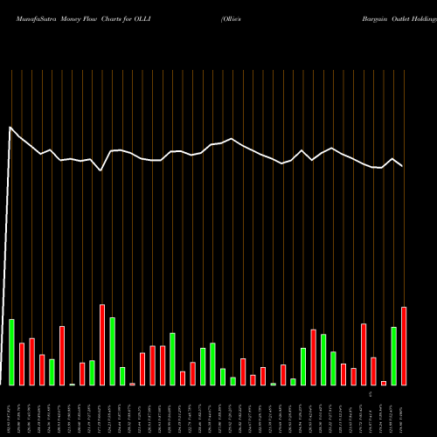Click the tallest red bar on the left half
(x=102, y=344)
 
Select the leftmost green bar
(x=12, y=352)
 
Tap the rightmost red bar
(x=404, y=346)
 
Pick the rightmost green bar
(x=393, y=356)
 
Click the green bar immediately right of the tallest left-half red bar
(x=113, y=350)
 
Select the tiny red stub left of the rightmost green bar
(x=384, y=383)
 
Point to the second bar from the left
(x=22, y=364)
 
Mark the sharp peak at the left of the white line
(x=10, y=128)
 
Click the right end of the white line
(x=403, y=166)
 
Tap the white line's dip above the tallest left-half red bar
(x=101, y=170)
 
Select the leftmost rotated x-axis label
(x=10, y=410)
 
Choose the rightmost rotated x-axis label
(x=404, y=411)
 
